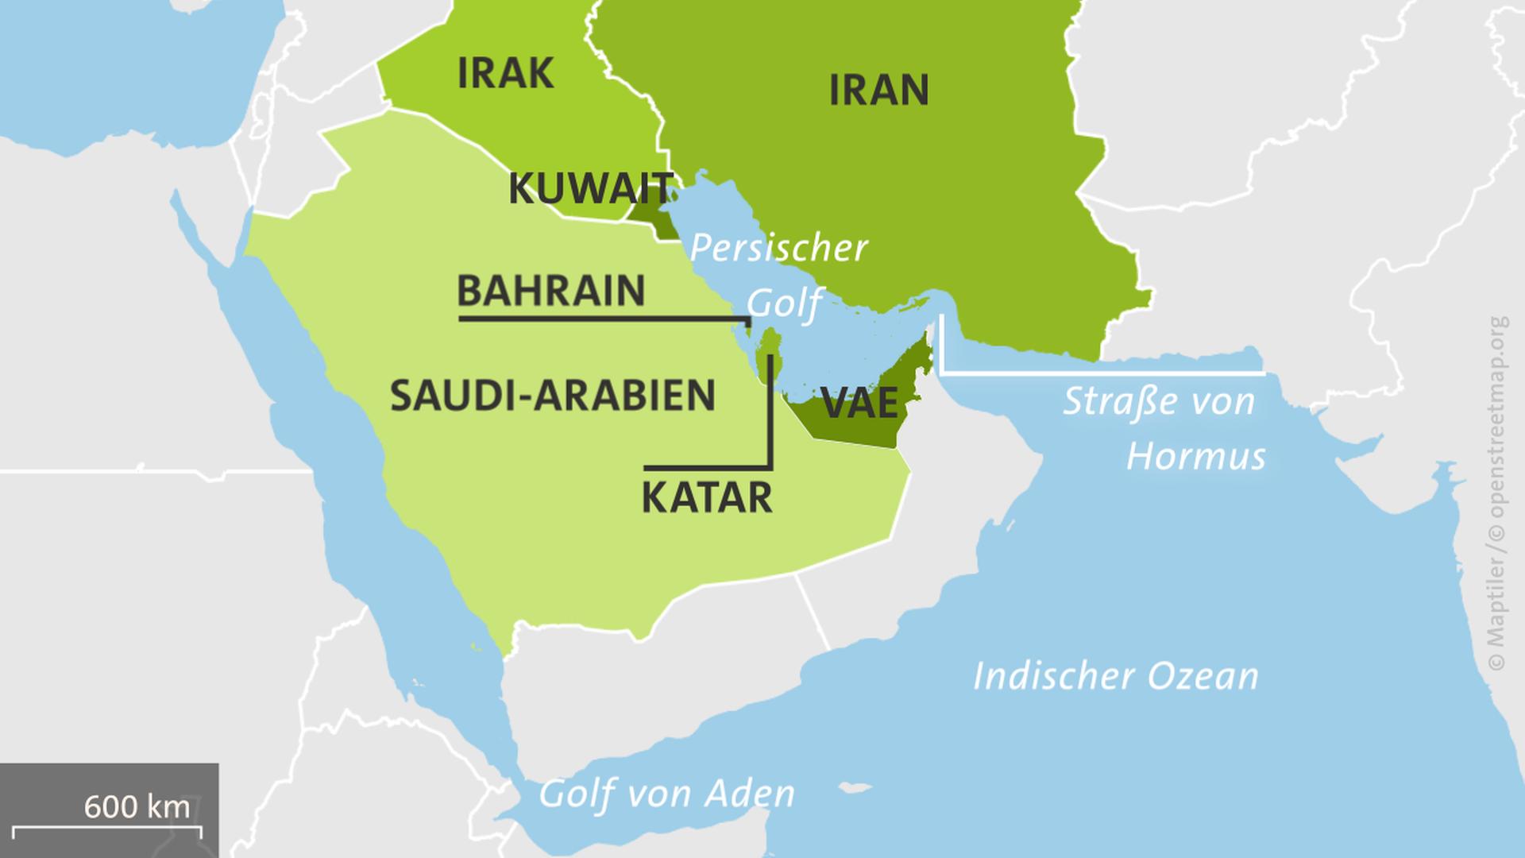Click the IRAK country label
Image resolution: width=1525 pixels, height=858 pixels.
tap(506, 74)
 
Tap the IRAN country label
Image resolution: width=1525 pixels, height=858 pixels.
tap(878, 90)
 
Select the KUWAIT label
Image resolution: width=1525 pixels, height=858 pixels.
tap(590, 189)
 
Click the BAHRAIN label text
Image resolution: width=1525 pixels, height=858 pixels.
tap(550, 291)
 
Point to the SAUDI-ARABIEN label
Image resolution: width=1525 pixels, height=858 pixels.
tap(553, 396)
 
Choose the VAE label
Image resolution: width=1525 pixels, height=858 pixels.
tap(861, 403)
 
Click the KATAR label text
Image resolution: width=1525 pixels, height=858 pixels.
tap(706, 498)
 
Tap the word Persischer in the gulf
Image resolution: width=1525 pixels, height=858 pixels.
tap(778, 248)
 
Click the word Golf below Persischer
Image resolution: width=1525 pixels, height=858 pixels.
tap(784, 303)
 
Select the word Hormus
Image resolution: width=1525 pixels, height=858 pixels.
tap(1196, 457)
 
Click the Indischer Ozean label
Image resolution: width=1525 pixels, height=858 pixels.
tap(1116, 676)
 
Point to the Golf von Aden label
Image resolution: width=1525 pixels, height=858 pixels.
tap(666, 794)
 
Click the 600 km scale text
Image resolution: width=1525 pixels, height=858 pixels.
tap(137, 807)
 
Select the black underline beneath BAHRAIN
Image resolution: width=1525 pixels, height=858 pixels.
tap(604, 319)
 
